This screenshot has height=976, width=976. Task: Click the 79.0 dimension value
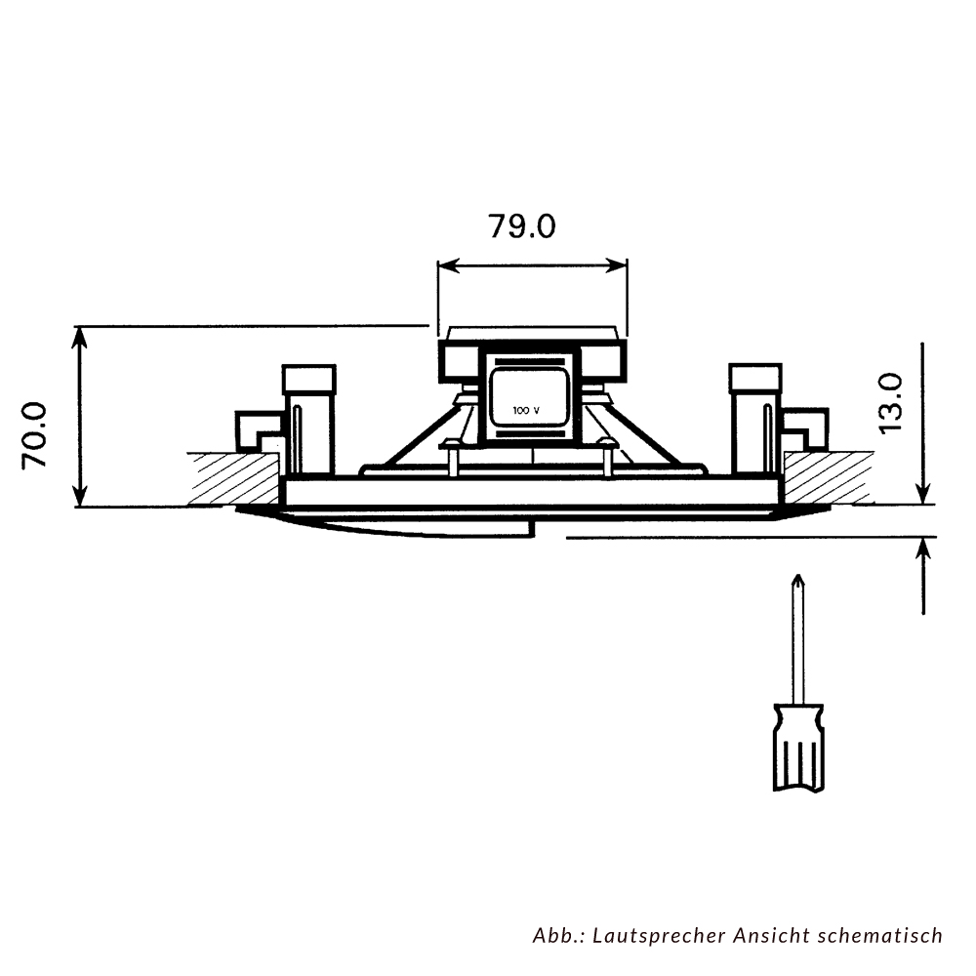521,226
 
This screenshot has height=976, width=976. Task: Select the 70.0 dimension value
35,435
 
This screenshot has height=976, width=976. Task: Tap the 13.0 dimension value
890,402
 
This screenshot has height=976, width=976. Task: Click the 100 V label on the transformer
526,411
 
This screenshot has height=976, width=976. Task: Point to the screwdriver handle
798,748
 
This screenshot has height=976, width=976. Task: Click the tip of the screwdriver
797,576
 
